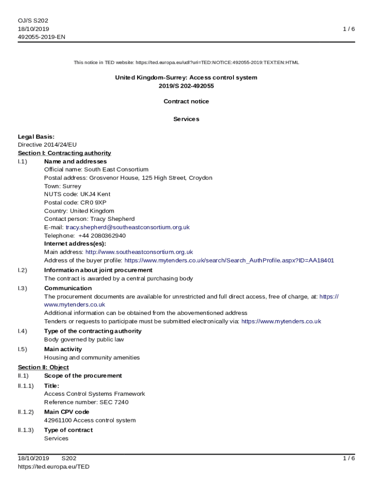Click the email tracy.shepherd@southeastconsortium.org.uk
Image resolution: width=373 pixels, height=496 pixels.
(127, 227)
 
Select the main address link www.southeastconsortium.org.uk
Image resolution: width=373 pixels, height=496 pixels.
(139, 252)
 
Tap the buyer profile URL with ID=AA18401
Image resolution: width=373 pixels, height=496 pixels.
(229, 261)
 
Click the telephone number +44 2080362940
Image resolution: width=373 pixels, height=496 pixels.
(102, 235)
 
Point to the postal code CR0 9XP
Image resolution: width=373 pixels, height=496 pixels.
(93, 202)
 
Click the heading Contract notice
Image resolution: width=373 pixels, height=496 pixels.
(186, 101)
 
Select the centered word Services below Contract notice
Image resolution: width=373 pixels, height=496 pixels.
(186, 119)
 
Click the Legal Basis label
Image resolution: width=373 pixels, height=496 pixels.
(36, 137)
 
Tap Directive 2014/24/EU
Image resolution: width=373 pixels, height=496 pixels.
(47, 145)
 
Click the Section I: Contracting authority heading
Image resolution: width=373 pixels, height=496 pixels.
(64, 153)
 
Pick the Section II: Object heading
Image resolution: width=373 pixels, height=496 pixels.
(43, 367)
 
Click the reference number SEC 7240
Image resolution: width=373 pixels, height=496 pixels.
(114, 402)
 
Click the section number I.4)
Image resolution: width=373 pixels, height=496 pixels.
(22, 331)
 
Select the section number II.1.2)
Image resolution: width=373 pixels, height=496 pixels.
(26, 412)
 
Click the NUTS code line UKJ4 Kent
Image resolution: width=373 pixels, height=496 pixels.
(95, 194)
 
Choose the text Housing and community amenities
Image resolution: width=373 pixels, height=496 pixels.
(92, 357)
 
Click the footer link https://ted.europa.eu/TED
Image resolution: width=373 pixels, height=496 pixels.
(53, 466)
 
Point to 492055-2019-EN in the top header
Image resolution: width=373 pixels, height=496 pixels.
(41, 37)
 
